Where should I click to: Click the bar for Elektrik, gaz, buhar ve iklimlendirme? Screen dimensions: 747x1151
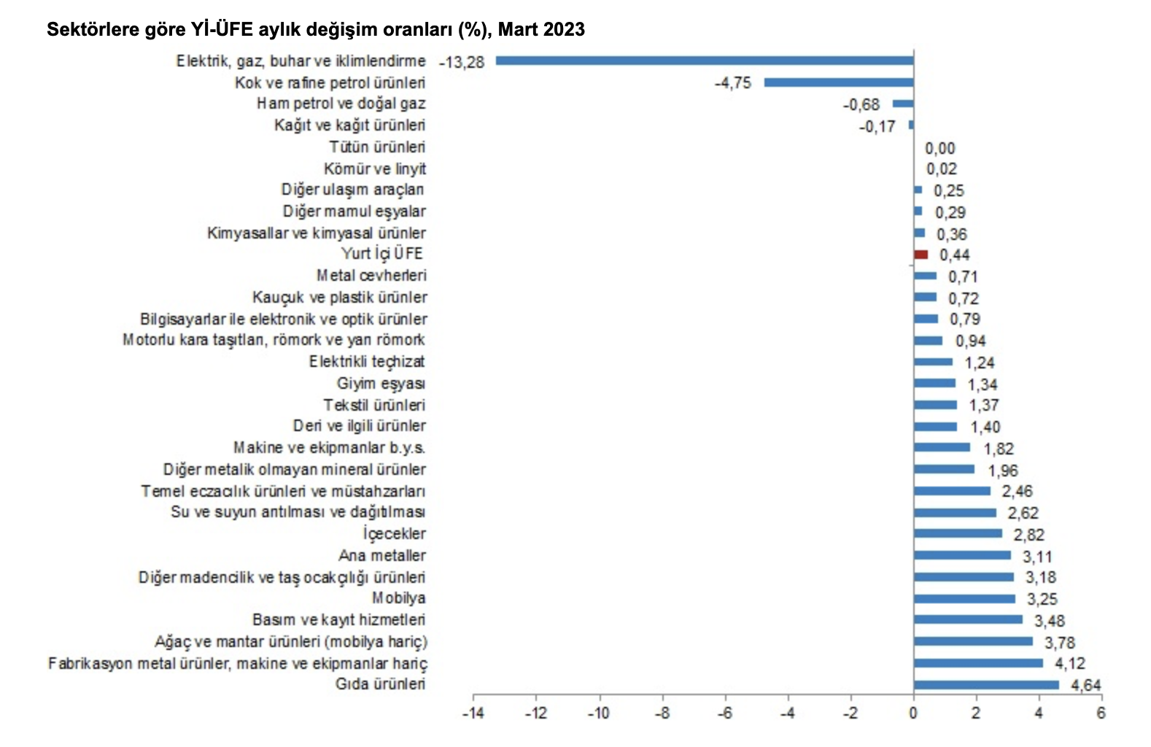pos(705,61)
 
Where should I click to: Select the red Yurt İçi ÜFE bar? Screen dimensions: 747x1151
pos(921,255)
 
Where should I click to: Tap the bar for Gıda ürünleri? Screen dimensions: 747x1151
pos(986,685)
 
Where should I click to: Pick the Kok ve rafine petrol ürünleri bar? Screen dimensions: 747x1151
pos(839,82)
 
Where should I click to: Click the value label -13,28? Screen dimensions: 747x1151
pos(462,63)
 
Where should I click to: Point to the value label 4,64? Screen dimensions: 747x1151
pos(1085,686)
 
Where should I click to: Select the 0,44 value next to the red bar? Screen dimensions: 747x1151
pos(954,255)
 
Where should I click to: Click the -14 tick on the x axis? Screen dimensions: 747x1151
pos(473,713)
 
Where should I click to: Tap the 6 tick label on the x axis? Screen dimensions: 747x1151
pos(1101,713)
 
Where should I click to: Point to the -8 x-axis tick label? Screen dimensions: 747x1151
pos(662,713)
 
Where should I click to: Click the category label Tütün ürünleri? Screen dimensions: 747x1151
pos(377,147)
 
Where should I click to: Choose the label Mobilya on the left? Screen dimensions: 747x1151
pos(398,598)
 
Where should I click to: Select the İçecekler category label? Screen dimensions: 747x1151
pos(394,534)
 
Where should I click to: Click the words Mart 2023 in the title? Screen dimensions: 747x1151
pos(541,30)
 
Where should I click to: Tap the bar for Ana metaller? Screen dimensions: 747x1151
pos(962,555)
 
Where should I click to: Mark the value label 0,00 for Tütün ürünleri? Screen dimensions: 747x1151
pos(939,149)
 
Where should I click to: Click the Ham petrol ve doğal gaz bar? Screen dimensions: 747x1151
pos(903,104)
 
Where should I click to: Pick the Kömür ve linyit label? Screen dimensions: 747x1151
pos(375,169)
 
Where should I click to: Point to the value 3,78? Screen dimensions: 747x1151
pos(1060,643)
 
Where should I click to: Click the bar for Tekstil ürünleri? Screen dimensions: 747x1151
pos(935,405)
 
